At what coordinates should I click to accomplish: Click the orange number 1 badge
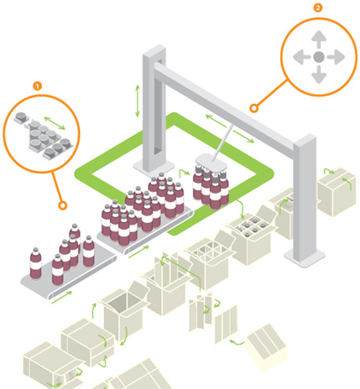tap(38, 86)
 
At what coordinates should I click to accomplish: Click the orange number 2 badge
tap(318, 8)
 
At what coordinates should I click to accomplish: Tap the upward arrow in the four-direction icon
tap(319, 39)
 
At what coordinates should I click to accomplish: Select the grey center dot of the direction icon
tap(319, 57)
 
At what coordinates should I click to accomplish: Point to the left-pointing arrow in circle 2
tap(301, 57)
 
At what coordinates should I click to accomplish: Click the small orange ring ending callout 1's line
tap(63, 205)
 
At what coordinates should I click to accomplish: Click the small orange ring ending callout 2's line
tap(254, 108)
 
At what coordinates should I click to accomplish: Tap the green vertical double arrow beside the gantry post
tap(138, 101)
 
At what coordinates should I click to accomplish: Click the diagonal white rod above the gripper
tap(222, 143)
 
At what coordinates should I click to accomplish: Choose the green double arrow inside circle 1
tap(55, 123)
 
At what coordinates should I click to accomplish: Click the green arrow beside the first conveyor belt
tap(62, 297)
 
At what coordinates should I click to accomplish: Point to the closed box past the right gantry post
tap(337, 192)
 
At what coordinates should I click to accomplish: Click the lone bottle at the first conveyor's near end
tap(35, 263)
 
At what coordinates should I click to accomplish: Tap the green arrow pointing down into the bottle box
tap(241, 210)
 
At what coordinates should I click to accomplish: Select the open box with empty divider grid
tap(207, 264)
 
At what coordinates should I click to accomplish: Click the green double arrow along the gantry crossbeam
tap(230, 128)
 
